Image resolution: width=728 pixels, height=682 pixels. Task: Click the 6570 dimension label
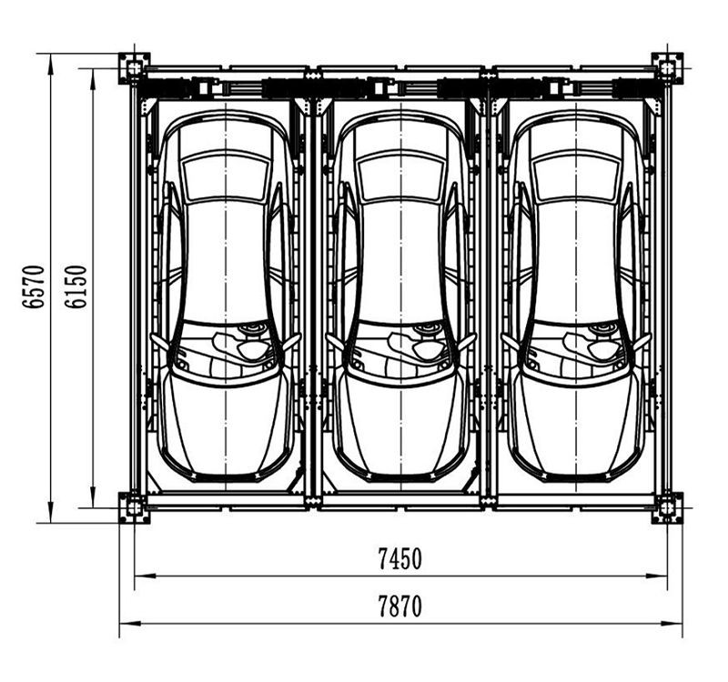click(34, 286)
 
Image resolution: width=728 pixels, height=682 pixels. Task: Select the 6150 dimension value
click(76, 286)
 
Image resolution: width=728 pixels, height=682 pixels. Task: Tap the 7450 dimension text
click(400, 558)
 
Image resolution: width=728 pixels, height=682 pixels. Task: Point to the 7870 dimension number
click(400, 607)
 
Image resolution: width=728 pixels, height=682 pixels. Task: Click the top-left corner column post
click(134, 68)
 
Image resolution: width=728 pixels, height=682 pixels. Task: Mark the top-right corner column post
click(667, 68)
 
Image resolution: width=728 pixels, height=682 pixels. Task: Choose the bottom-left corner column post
click(134, 507)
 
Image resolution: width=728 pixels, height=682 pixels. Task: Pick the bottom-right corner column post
click(667, 507)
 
